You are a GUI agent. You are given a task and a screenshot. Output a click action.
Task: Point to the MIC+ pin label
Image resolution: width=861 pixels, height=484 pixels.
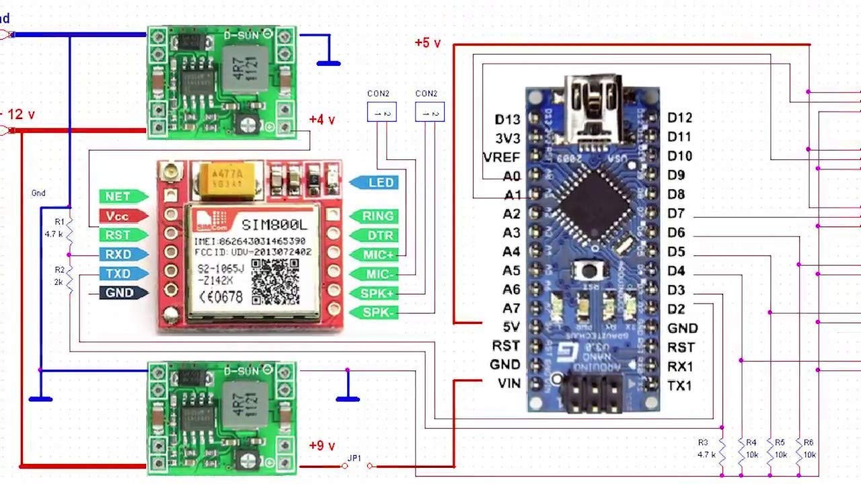[x=374, y=255]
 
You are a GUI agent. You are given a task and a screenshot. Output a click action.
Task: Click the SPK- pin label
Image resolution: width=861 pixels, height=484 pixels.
[x=374, y=313]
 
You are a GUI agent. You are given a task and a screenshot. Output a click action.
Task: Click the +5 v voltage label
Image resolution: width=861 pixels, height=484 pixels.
[x=428, y=44]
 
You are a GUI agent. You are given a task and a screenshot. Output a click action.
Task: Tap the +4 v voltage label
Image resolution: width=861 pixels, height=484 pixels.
[x=322, y=120]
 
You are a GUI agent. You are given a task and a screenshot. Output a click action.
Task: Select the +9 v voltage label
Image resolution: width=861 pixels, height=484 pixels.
[x=322, y=445]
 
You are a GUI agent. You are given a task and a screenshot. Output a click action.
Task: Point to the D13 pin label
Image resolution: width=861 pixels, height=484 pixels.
[x=507, y=120]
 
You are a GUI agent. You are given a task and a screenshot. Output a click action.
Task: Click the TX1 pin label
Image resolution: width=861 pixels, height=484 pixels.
[x=679, y=386]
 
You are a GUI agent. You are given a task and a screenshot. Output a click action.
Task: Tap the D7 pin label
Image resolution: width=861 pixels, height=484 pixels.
[x=676, y=214]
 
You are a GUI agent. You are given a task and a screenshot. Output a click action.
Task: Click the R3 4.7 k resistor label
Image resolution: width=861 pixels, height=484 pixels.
[x=704, y=448]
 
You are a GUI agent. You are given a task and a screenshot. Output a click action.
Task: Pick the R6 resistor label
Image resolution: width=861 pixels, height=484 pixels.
[x=809, y=448]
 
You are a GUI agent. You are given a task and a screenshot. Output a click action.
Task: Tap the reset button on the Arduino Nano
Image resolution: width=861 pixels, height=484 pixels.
[x=590, y=271]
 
